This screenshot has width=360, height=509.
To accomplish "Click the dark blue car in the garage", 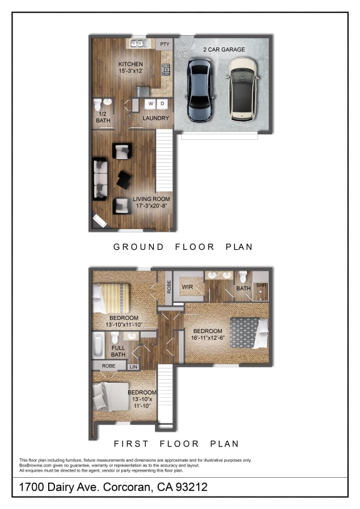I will click(x=200, y=90).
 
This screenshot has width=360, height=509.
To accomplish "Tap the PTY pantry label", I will click(x=165, y=44).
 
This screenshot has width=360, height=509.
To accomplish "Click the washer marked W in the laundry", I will click(x=151, y=103).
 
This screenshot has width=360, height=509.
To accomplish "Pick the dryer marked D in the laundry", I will click(x=162, y=103).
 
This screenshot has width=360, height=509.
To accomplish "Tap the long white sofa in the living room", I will click(x=99, y=179).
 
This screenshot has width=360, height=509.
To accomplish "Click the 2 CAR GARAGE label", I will click(x=224, y=49).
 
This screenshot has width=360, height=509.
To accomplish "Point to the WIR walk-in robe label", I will click(x=186, y=287).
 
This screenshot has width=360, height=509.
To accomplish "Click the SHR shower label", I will click(x=261, y=286).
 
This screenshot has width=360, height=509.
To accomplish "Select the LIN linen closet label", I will click(x=133, y=367).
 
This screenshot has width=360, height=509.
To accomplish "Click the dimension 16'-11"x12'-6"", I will click(x=207, y=338).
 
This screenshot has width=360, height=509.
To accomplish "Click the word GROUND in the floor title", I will click(x=138, y=247).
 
